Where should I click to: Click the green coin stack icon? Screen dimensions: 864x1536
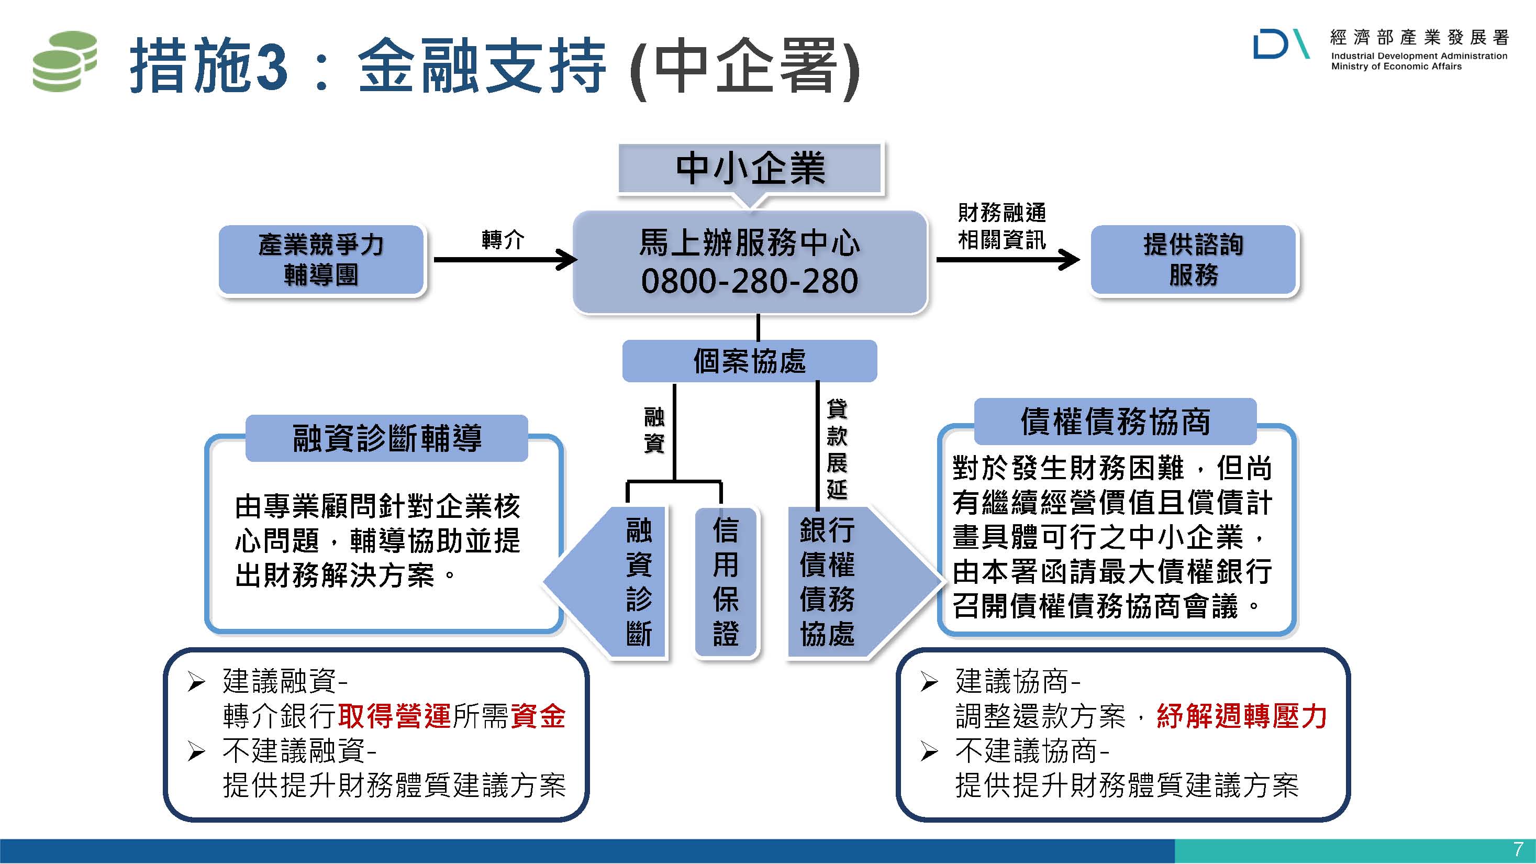(64, 62)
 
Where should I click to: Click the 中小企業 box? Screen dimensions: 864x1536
(750, 168)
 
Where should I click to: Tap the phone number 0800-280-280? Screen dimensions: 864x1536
(750, 281)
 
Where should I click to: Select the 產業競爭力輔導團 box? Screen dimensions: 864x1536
(321, 260)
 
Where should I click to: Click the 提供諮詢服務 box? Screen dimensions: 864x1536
(1193, 260)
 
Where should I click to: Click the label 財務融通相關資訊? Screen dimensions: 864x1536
(1001, 227)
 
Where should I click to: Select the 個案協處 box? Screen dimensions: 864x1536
(750, 361)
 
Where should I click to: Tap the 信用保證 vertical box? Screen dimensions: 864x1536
(726, 581)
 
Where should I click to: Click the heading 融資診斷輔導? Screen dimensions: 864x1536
(387, 438)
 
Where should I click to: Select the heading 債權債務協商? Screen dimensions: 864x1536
(1115, 422)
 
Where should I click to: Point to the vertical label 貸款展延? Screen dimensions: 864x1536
(837, 449)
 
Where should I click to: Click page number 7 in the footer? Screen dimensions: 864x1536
(1518, 849)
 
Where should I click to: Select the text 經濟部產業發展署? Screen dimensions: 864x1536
(1419, 38)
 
